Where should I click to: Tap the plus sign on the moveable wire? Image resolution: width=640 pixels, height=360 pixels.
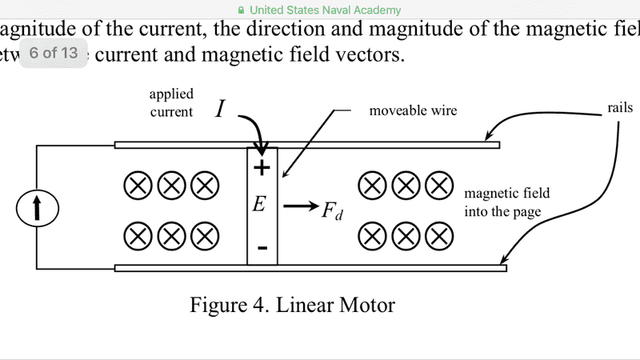(x=262, y=168)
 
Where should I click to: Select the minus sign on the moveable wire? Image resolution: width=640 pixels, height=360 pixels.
(x=262, y=248)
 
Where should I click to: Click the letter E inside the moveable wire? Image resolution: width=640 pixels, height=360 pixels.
(x=259, y=205)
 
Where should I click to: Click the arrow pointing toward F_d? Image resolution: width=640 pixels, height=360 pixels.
(x=300, y=206)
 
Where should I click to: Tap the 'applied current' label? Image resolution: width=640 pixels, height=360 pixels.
(x=171, y=103)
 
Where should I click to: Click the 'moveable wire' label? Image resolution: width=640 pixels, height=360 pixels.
(x=413, y=110)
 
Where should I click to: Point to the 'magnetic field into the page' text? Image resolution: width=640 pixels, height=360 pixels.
(x=507, y=203)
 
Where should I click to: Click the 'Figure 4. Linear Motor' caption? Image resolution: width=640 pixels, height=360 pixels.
(x=292, y=305)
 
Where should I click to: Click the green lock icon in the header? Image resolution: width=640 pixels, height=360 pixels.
(x=242, y=10)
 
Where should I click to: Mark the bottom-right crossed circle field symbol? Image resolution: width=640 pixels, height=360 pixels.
(x=438, y=235)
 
